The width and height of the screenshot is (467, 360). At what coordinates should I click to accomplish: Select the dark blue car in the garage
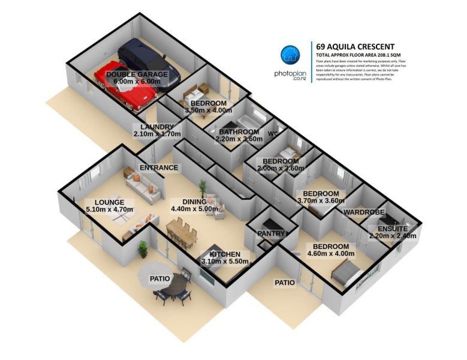click(150, 62)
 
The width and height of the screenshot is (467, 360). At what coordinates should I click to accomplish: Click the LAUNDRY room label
click(156, 127)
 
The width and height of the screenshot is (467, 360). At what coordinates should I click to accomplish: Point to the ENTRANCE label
click(158, 167)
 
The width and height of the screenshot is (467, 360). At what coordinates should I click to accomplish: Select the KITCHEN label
click(225, 254)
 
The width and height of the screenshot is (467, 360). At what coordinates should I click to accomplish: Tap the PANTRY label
click(269, 233)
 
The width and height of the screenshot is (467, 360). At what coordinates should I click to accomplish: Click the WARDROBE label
click(363, 212)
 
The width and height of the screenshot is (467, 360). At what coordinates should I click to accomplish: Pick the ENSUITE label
click(393, 229)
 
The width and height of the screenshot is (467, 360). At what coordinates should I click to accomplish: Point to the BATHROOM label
click(239, 132)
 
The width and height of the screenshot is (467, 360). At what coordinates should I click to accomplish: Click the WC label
click(273, 133)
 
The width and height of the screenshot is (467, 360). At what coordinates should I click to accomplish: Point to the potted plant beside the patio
click(143, 247)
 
